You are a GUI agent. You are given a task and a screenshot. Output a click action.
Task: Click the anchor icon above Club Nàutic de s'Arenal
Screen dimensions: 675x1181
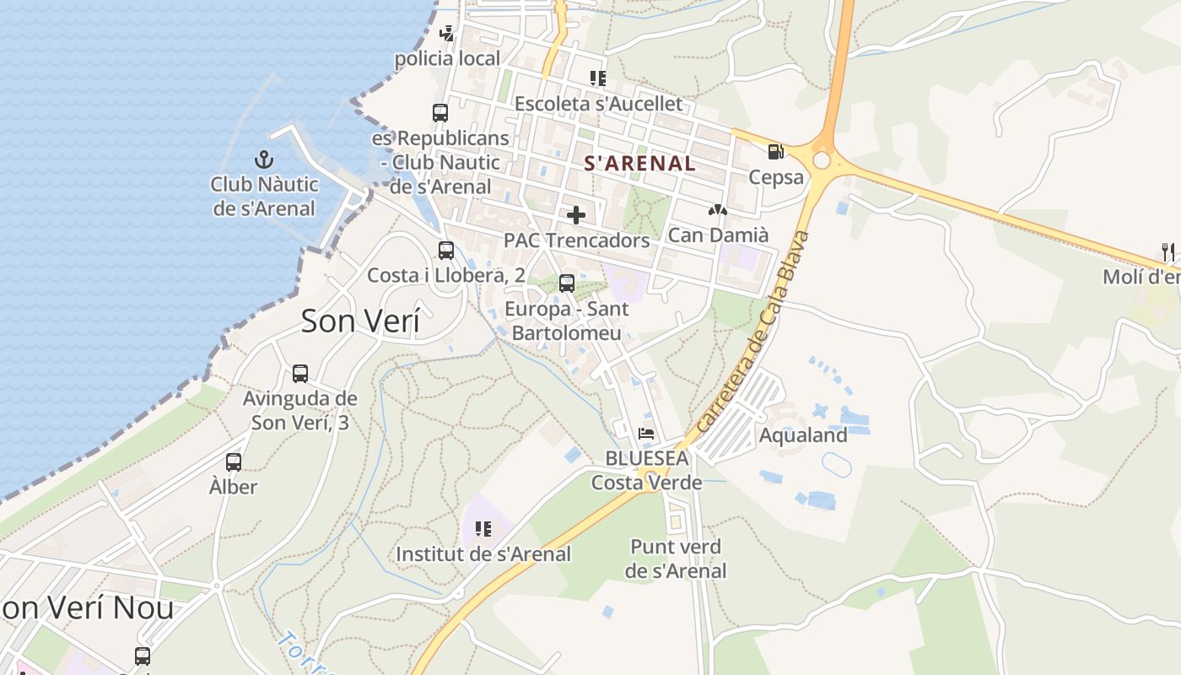coord(264,159)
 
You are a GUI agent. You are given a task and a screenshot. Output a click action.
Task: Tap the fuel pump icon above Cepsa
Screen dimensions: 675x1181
coord(775,152)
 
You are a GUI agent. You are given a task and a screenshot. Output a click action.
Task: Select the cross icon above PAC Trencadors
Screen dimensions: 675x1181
coord(576,215)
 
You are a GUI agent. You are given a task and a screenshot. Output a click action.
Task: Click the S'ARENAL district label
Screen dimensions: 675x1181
coord(640,164)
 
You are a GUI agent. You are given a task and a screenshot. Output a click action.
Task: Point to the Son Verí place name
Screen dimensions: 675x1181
coord(360,321)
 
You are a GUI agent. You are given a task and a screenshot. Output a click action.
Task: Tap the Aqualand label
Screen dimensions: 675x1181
coord(803,435)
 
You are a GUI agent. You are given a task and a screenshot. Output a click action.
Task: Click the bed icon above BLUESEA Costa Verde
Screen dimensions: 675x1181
coord(647,434)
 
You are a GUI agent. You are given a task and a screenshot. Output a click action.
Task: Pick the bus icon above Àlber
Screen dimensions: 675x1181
coord(234,462)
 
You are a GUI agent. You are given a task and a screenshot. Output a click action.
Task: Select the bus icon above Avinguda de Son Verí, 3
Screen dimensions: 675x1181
coord(300,373)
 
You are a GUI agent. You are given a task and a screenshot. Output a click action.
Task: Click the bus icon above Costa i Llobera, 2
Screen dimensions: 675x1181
coord(446,250)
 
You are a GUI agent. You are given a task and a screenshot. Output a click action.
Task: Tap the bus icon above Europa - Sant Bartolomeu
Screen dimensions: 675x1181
coord(567,283)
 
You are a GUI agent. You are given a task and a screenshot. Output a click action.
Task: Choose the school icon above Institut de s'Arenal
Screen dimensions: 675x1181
coord(483,529)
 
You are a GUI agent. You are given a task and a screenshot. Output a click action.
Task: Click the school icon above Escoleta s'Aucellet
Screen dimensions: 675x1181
coord(598,78)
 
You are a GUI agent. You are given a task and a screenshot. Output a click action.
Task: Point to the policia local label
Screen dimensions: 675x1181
coord(448,59)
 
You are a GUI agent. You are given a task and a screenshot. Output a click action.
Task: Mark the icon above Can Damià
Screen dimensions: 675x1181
coord(718,210)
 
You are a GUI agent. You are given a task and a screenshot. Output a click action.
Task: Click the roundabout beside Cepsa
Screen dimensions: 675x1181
coord(822,160)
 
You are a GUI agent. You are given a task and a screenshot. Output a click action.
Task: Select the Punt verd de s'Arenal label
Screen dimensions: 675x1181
coord(676,559)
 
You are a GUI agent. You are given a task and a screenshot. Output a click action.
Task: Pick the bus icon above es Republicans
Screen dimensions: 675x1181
coord(440,112)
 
